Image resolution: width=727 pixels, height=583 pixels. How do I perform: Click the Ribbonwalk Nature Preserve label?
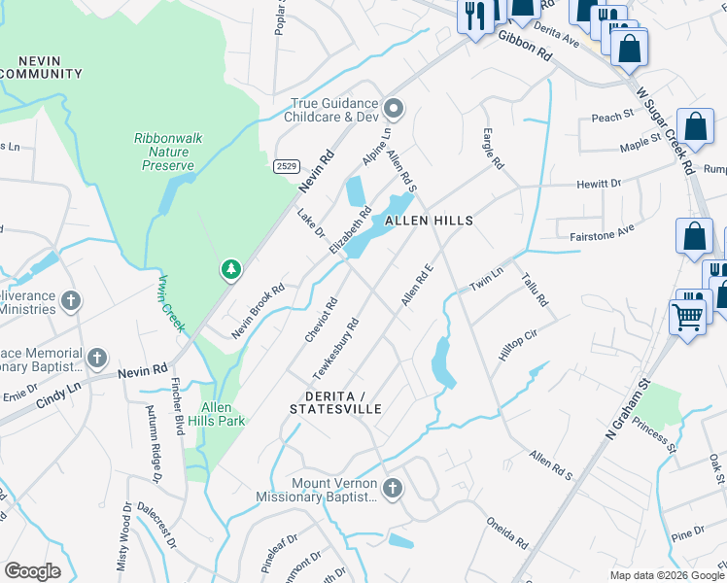pos(168,152)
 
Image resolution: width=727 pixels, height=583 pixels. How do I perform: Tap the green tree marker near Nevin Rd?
pos(230,268)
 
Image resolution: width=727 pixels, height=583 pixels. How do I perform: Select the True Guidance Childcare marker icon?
pos(394,108)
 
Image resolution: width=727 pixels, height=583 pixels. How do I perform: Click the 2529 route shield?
pos(286,166)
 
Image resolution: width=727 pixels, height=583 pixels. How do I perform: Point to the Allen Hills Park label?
pos(223,414)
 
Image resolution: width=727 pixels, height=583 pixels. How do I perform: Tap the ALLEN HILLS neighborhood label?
pos(429,222)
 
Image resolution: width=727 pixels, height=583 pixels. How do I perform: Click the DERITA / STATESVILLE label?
pos(335,403)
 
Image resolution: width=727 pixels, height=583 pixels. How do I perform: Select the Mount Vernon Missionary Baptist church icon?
pos(393,489)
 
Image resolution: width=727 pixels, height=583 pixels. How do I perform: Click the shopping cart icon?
pos(687,315)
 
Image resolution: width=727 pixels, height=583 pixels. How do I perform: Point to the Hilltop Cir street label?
pos(518,344)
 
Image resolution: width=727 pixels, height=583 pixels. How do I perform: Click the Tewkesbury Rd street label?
pos(336,348)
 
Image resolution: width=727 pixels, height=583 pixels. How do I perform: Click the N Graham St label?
pos(627,403)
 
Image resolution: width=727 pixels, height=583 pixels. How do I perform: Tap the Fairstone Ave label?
pos(601,230)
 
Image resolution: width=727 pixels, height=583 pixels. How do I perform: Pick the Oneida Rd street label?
pos(507,531)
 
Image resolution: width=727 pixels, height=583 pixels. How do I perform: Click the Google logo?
pos(32,571)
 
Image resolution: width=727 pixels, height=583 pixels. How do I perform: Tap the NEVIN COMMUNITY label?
pos(41,66)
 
